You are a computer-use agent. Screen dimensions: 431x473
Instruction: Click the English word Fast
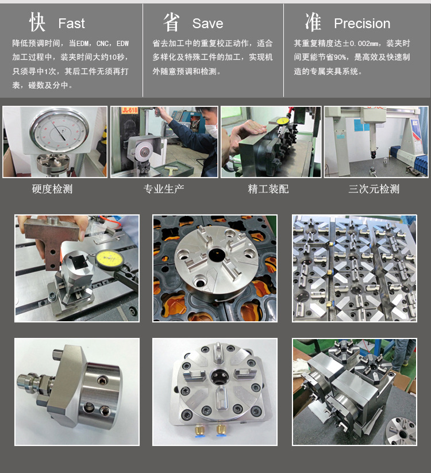[x=71, y=24]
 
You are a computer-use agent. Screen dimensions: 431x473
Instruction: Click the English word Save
[x=208, y=24]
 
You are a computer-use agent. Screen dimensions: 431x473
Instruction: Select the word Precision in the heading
[x=362, y=24]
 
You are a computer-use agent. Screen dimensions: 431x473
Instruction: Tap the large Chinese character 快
[x=37, y=22]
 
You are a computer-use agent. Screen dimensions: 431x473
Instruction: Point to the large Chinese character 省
[x=171, y=22]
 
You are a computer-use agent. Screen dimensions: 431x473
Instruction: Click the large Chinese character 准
[x=313, y=22]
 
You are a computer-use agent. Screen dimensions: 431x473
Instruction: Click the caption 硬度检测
[x=52, y=189]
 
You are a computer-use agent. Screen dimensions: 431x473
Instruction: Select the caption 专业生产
[x=164, y=189]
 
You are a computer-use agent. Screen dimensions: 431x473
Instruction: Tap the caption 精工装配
[x=268, y=189]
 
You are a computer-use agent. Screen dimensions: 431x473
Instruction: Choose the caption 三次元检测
[x=374, y=189]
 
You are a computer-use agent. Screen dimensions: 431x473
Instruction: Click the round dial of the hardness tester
[x=59, y=130]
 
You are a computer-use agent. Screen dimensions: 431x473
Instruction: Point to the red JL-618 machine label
[x=130, y=110]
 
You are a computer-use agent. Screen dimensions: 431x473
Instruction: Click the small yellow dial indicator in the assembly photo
[x=283, y=121]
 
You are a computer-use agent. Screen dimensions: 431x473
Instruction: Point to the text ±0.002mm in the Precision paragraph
[x=361, y=44]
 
